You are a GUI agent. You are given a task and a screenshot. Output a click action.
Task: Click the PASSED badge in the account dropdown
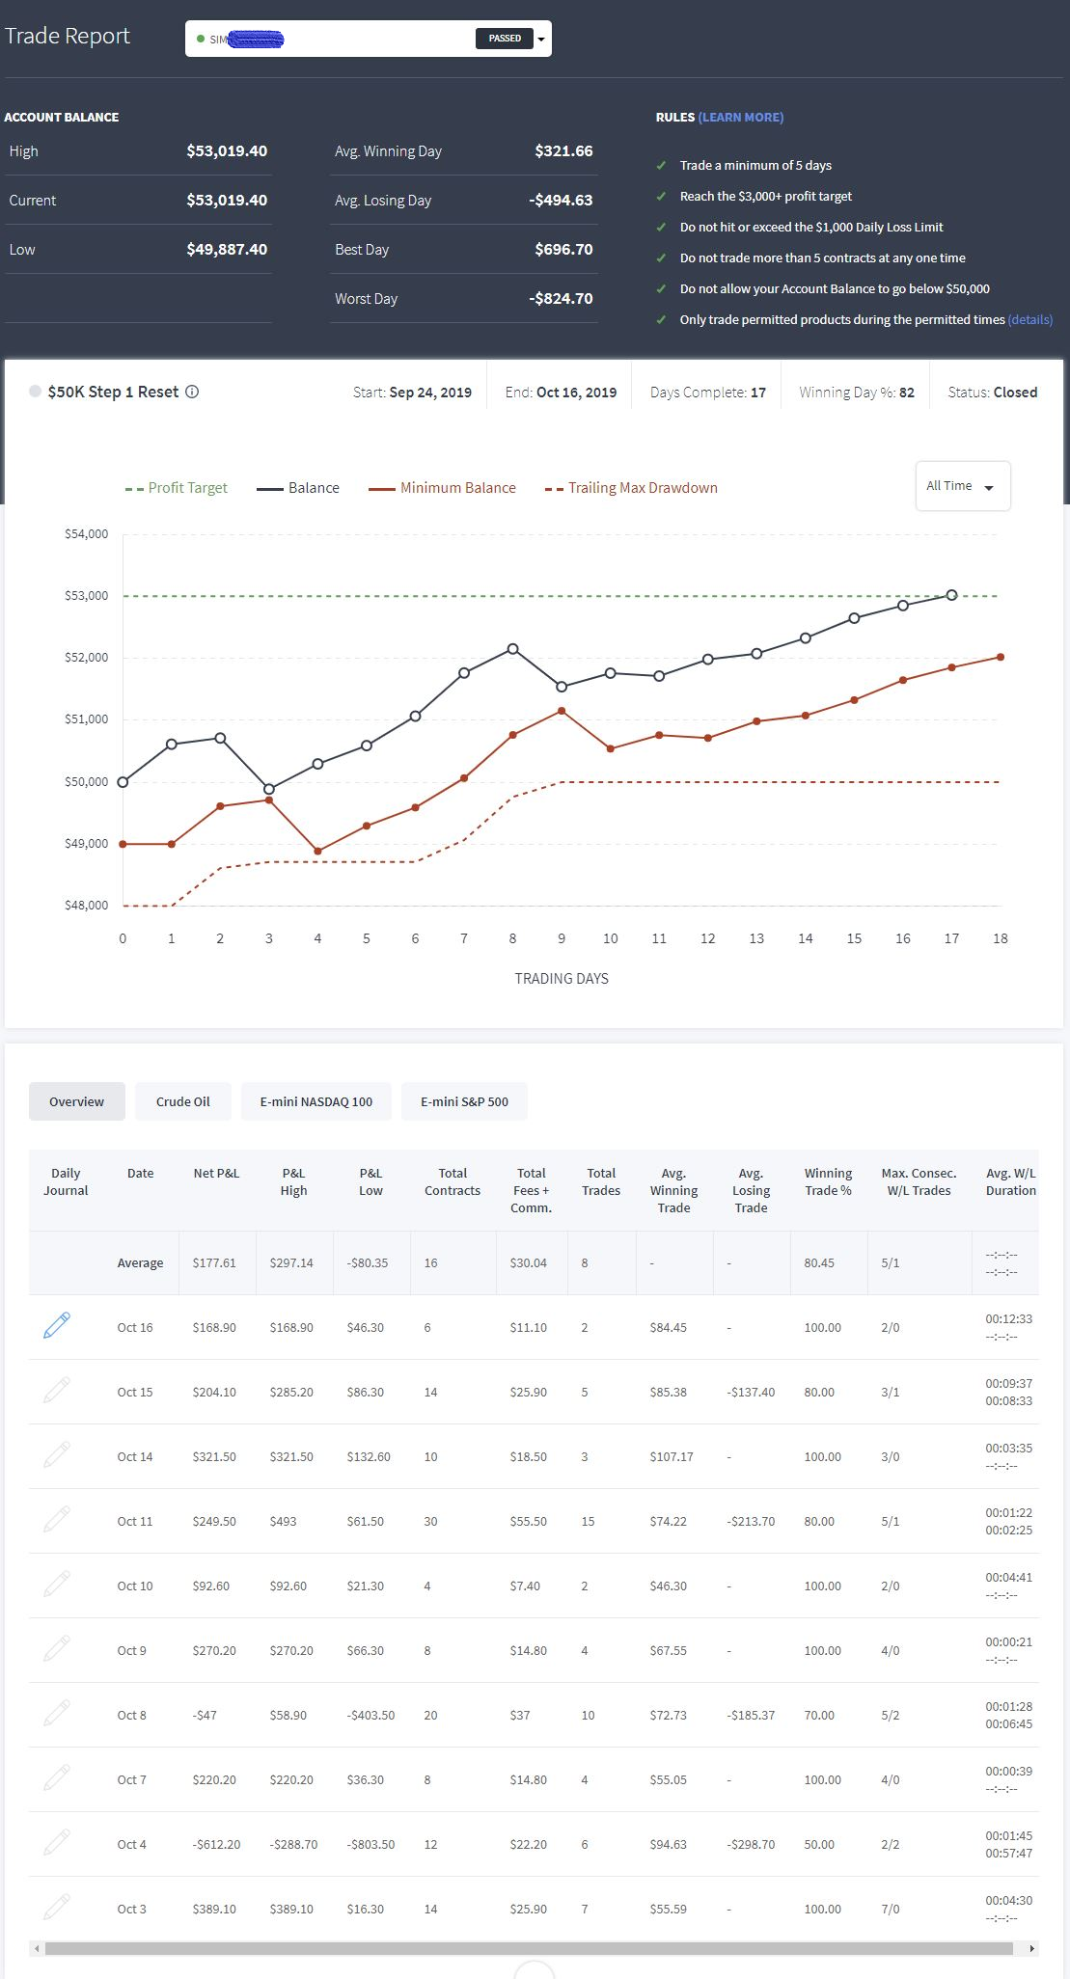coord(505,39)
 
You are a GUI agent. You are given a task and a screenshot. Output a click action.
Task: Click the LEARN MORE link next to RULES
coord(741,117)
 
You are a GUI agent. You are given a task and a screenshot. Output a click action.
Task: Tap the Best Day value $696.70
coord(563,249)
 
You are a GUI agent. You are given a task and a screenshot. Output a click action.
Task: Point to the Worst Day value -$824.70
coord(561,298)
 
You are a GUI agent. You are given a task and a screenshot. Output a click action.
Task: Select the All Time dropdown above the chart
coord(962,486)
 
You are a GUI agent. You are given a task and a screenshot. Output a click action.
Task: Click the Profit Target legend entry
coord(177,488)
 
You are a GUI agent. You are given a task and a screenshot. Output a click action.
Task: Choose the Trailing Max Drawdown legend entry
coord(631,488)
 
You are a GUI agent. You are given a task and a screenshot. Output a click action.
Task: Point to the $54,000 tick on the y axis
coord(86,534)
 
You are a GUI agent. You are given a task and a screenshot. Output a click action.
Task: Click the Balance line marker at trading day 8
coord(512,649)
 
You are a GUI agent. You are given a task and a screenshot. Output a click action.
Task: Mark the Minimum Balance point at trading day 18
coord(1001,658)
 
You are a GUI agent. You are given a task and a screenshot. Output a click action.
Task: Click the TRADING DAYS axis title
coord(562,978)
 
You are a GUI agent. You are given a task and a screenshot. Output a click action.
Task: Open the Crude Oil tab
coord(183,1101)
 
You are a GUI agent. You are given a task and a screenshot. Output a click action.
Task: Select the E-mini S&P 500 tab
coord(464,1101)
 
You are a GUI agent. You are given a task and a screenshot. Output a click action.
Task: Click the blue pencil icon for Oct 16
coord(57,1325)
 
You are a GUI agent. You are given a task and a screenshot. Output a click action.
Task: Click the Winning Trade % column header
coord(828,1181)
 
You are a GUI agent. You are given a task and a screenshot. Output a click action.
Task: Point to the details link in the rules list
coord(1030,319)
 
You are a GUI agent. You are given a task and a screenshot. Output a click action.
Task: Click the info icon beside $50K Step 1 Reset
coord(192,392)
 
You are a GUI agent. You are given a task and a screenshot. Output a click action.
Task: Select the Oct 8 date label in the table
coord(132,1715)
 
